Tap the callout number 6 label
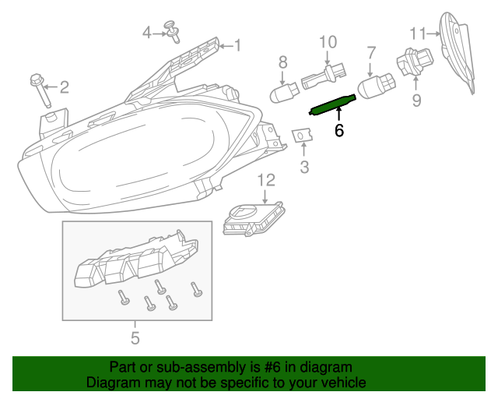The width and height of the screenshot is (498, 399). click(338, 132)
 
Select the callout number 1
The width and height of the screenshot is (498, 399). click(237, 46)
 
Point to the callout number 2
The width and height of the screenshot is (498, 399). click(64, 87)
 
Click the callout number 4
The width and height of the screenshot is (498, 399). click(146, 32)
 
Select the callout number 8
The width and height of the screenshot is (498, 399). click(282, 61)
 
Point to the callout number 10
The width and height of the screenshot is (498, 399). click(327, 41)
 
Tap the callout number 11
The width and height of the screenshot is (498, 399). click(419, 33)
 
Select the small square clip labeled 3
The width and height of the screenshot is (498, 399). click(303, 137)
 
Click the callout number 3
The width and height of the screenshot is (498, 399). click(304, 166)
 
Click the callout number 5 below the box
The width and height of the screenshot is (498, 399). click(135, 338)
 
